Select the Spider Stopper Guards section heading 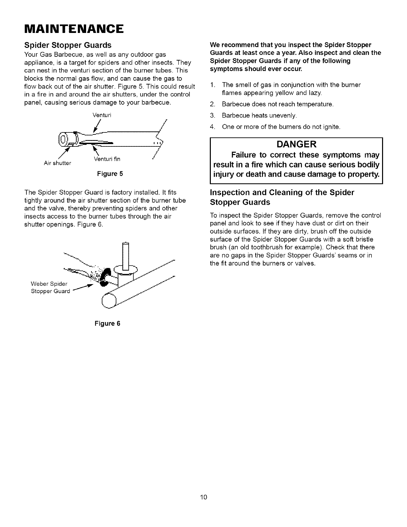tap(68, 45)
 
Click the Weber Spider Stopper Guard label tap(50, 288)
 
